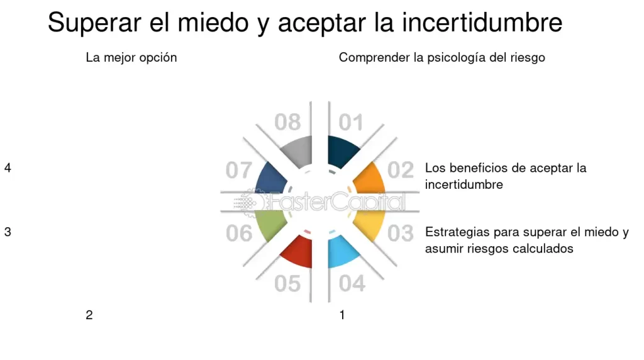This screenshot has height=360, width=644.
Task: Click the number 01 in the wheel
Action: point(351,122)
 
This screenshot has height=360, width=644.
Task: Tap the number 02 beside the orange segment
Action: point(401,170)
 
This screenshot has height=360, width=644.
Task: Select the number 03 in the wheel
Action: point(401,233)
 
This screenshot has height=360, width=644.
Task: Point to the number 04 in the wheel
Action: point(352,283)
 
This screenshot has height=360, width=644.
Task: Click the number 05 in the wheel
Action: point(287,283)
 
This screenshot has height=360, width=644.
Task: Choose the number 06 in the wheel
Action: point(239,233)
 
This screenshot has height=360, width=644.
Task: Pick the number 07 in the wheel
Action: point(239,170)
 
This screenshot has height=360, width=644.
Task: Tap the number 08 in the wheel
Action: point(287,122)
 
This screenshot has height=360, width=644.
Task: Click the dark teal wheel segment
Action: point(343,152)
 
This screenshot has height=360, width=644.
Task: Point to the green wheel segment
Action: point(269,224)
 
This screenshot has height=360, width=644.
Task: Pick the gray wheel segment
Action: point(296,152)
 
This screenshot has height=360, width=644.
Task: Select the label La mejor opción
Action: point(131,57)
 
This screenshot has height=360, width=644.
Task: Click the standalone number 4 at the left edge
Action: point(8,168)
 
